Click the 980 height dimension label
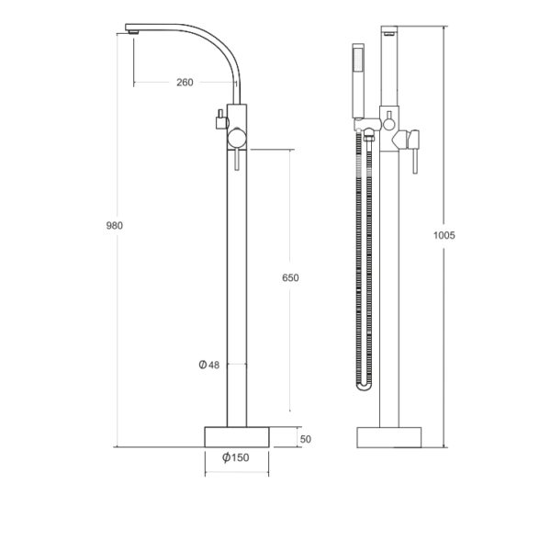[x=115, y=226]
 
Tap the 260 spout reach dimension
[x=185, y=83]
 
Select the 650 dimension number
[x=290, y=278]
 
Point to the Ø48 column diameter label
[x=209, y=365]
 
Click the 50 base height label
[x=306, y=439]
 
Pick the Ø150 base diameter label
[x=236, y=457]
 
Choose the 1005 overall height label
[x=444, y=235]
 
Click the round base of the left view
[x=237, y=437]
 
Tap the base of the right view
[x=389, y=437]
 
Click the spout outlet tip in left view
[x=133, y=32]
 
